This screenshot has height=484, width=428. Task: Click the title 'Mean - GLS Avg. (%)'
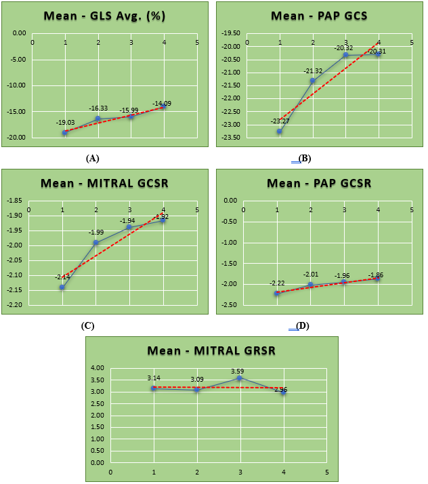coord(106,16)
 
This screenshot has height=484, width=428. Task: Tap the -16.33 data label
coord(98,108)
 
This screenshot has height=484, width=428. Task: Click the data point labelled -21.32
coord(312,81)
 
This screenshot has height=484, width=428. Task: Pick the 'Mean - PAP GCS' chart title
coord(318,15)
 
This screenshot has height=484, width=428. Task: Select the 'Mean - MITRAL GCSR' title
coord(104,182)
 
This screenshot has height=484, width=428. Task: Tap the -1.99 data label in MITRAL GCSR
coord(96,233)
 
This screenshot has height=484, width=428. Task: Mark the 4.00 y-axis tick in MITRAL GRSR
coord(98,368)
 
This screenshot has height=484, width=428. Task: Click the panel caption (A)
coord(93,158)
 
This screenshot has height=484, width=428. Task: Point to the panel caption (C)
coord(87,325)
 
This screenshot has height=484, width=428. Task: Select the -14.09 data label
coord(163,104)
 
